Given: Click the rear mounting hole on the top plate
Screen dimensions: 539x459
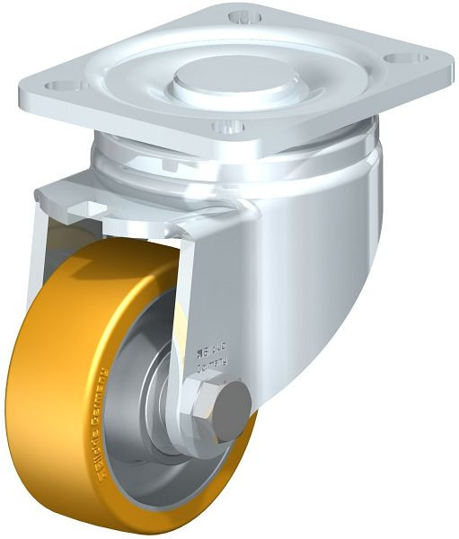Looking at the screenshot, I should [240, 17].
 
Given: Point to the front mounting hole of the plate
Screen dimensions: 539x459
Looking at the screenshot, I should [226, 126].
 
